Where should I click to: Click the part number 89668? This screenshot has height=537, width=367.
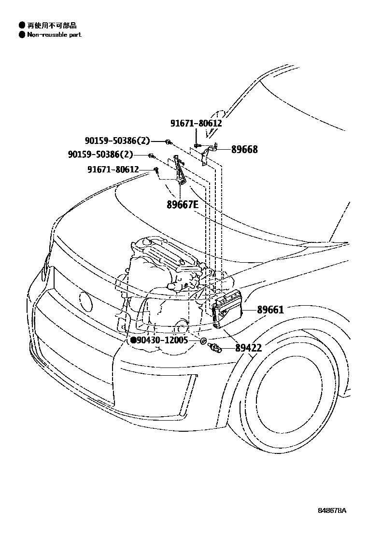[x=244, y=150]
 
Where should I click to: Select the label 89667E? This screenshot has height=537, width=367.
[x=183, y=204]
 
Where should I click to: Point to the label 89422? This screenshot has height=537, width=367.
[x=249, y=348]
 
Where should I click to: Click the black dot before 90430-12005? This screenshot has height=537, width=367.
[x=133, y=340]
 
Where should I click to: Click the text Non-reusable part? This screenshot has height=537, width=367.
[x=54, y=35]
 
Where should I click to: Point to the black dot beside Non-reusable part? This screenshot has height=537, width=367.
[x=21, y=35]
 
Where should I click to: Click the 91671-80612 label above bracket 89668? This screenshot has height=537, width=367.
[x=196, y=123]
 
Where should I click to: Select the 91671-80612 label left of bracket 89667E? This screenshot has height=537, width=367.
[x=113, y=170]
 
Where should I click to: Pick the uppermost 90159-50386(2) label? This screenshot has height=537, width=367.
[x=117, y=141]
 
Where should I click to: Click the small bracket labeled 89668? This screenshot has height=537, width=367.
[x=206, y=155]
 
